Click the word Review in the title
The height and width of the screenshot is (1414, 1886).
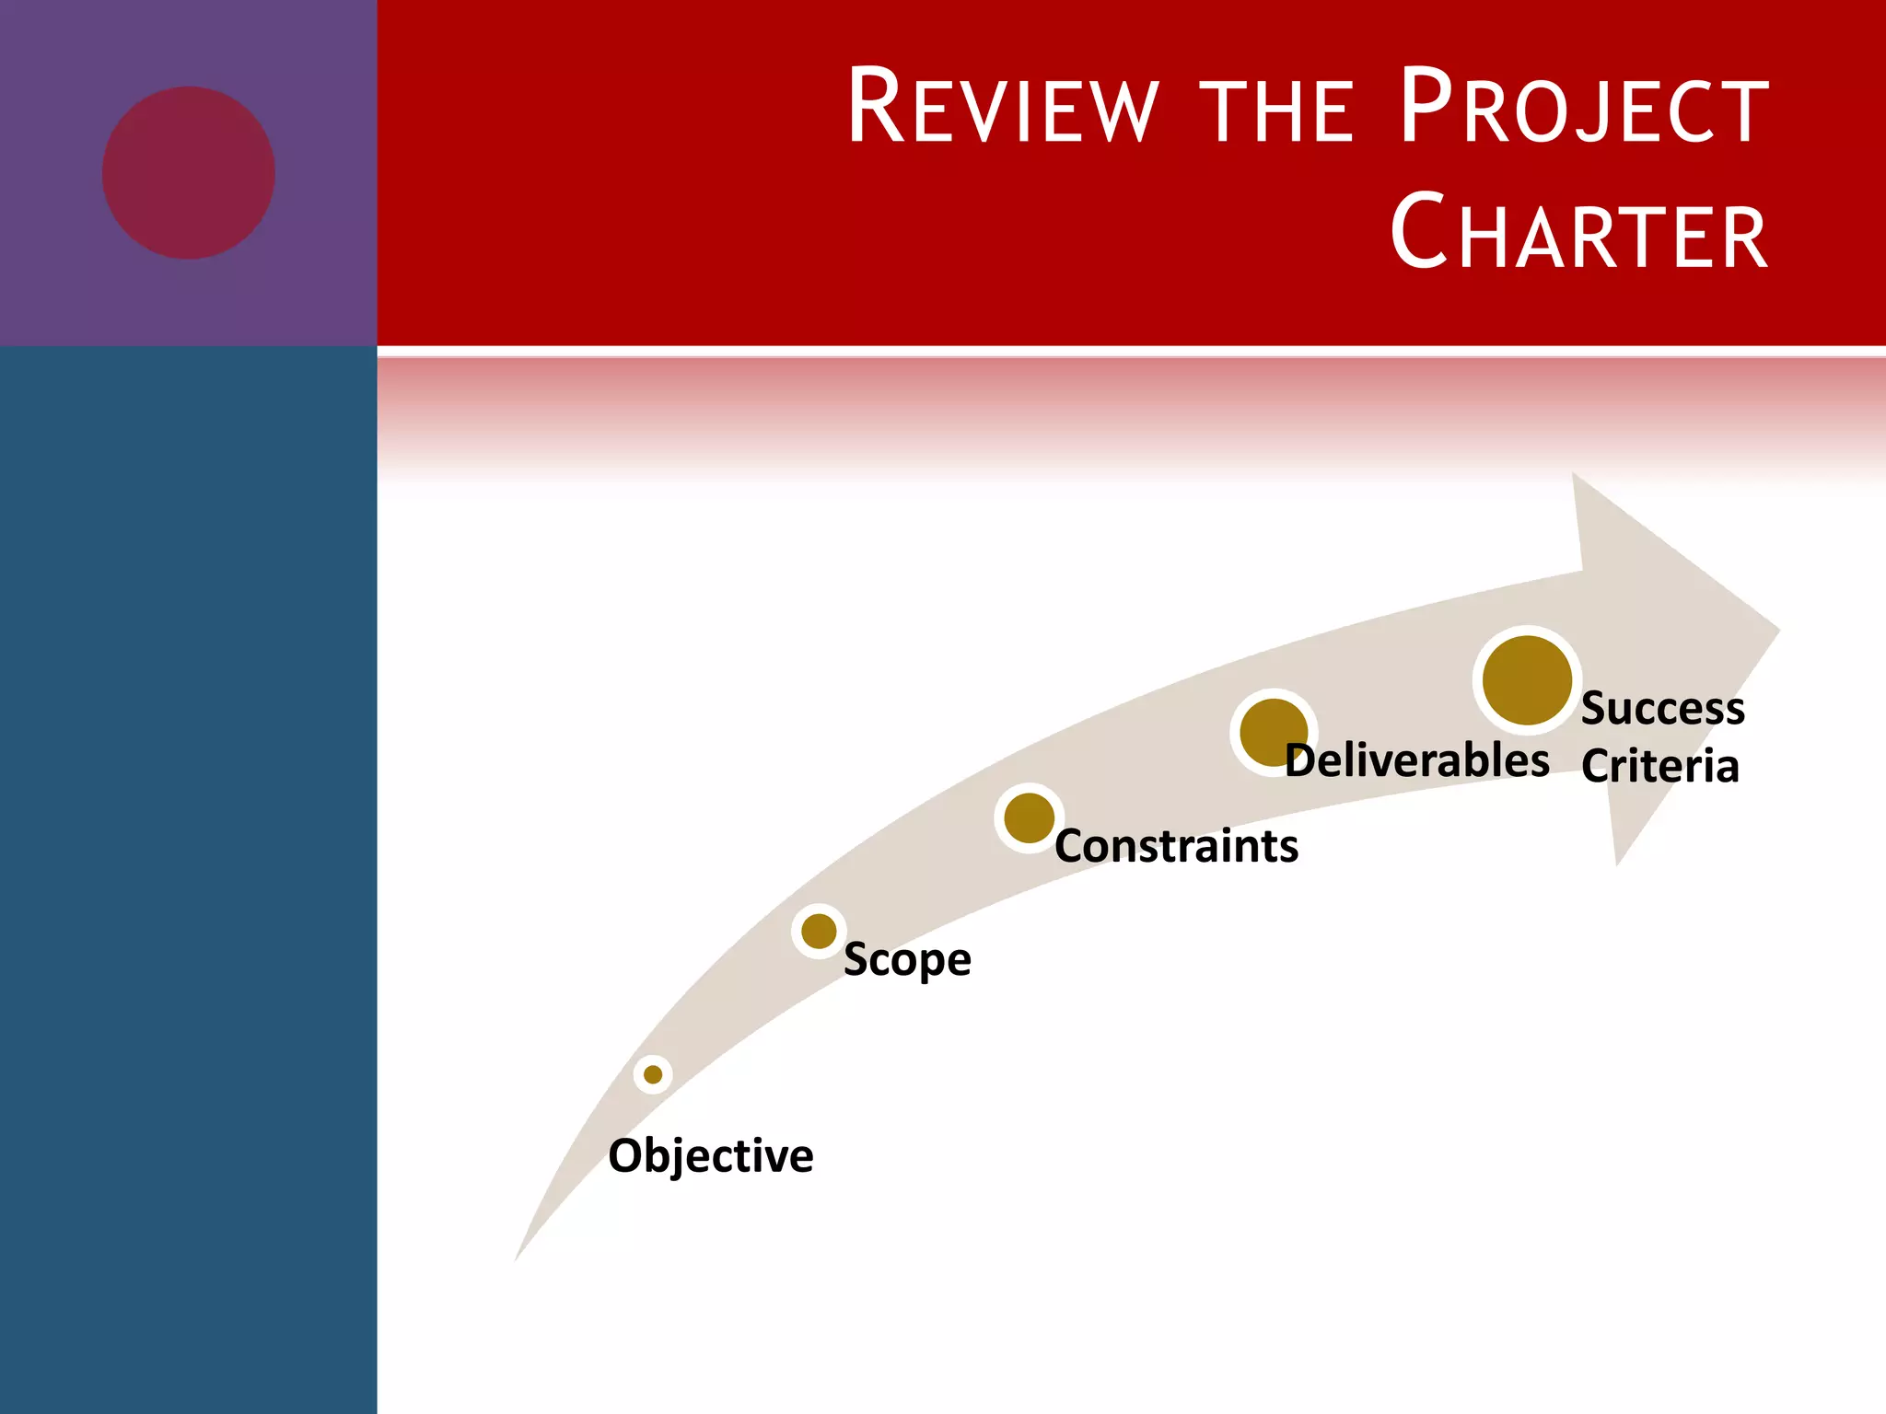click(1002, 108)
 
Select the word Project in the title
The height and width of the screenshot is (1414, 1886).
click(1582, 108)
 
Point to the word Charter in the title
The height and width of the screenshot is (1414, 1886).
click(1578, 233)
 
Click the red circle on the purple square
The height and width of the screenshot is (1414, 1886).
click(189, 173)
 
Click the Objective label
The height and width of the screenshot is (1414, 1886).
click(710, 1156)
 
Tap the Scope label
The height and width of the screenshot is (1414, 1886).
click(907, 960)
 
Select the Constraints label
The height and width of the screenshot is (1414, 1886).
click(1176, 846)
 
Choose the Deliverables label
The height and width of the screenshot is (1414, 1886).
click(1416, 761)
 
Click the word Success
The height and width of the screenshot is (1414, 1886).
click(1662, 709)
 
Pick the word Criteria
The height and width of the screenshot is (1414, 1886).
click(1659, 767)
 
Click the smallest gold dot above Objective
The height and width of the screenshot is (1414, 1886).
click(653, 1074)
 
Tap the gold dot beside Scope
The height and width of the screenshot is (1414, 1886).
click(819, 931)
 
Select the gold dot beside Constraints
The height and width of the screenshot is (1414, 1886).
click(1029, 817)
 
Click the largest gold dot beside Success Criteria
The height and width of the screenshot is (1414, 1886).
click(1527, 680)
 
